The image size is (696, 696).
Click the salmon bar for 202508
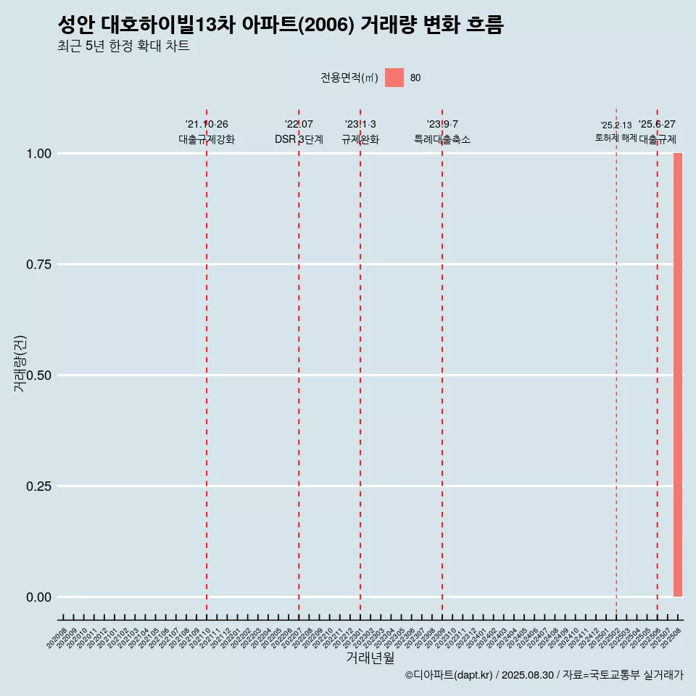pos(677,375)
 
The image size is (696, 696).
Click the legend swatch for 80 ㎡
pos(394,78)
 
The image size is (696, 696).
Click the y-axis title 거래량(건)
pos(20,363)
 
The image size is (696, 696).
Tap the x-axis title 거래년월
pos(370,658)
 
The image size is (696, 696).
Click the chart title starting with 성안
pos(280,25)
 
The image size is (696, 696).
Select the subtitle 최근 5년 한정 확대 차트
pos(123,46)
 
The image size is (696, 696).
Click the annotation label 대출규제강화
pos(207,139)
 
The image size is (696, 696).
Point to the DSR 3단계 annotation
pos(299,139)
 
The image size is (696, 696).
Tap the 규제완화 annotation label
pos(360,139)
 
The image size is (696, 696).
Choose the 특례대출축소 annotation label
pos(442,139)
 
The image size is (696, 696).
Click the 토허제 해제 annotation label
pos(616,137)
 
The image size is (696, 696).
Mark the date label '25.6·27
pos(657,125)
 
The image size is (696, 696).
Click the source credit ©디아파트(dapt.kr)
pos(449,676)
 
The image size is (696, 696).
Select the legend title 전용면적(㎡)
pos(349,78)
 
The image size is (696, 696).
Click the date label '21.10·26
pos(207,125)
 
